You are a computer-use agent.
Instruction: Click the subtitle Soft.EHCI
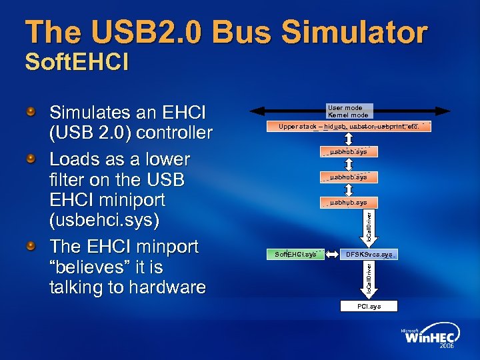click(77, 63)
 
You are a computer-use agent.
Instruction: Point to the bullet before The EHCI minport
click(31, 246)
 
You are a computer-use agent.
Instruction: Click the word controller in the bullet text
click(174, 133)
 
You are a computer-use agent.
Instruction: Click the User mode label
click(345, 108)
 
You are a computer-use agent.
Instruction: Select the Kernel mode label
click(347, 115)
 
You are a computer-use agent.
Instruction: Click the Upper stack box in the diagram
click(348, 127)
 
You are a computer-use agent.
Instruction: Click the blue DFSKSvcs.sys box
click(369, 255)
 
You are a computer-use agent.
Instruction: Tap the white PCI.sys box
click(369, 307)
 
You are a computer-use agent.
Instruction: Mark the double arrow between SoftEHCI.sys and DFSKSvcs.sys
click(333, 255)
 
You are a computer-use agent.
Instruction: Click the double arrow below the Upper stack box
click(348, 139)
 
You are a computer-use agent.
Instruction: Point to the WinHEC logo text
click(429, 338)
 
